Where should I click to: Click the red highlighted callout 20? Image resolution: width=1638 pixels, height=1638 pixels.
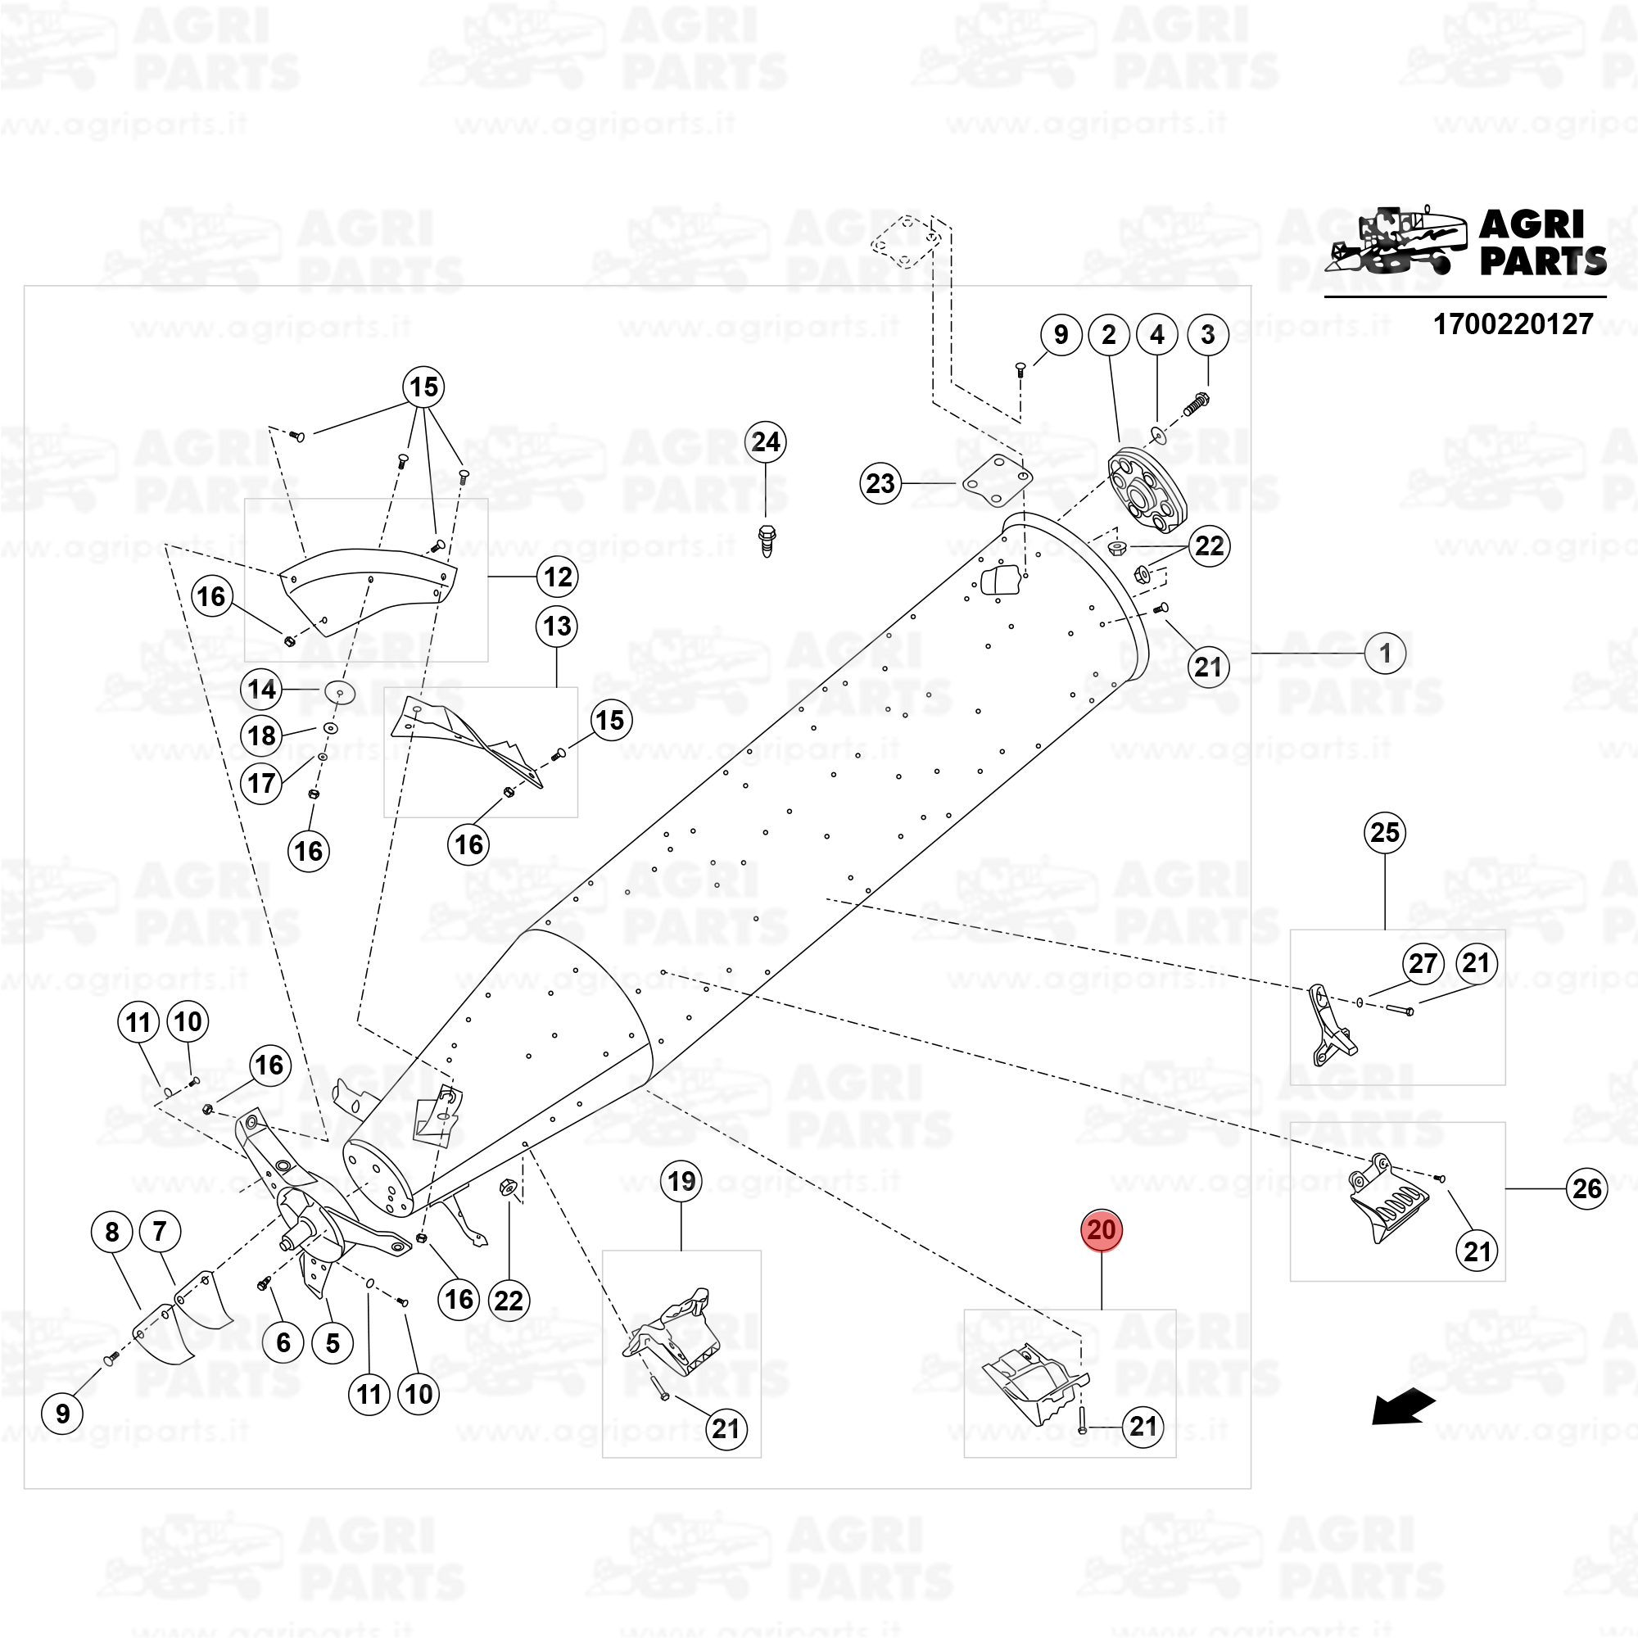coord(1101,1230)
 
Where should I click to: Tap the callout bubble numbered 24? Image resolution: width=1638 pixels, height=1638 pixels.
coord(766,441)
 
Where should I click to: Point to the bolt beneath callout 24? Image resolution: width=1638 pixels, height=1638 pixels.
coord(767,540)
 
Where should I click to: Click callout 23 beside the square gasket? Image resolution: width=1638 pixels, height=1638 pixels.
coord(880,483)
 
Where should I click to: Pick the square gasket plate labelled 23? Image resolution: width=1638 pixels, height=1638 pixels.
coord(997,481)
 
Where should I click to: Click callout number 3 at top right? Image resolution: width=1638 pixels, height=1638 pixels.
coord(1207,335)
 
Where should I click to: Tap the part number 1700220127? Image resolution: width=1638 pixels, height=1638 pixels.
coord(1513,324)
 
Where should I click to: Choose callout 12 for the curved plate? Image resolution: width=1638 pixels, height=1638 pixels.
coord(557,577)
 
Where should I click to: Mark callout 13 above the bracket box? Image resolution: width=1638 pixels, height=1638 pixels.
coord(557,627)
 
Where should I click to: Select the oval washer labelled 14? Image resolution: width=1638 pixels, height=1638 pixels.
coord(340,692)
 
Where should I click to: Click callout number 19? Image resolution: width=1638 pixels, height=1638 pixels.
coord(681,1182)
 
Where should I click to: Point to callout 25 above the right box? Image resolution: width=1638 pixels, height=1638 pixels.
coord(1384,833)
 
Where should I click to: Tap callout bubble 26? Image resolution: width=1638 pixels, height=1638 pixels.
coord(1586,1188)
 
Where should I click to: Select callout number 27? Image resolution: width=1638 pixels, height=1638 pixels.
coord(1423,964)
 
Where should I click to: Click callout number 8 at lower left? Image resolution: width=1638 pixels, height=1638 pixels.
coord(112,1232)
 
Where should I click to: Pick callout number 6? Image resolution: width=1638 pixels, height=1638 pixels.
coord(283,1342)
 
